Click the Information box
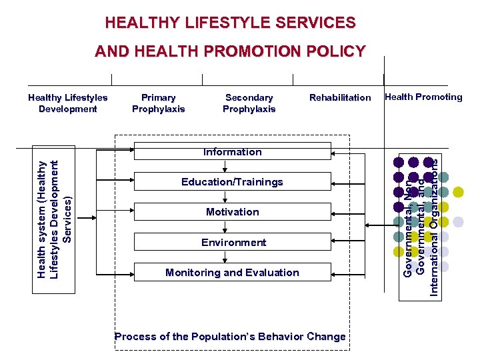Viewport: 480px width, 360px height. [x=232, y=152]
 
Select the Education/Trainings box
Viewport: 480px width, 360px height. [x=232, y=182]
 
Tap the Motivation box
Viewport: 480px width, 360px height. [x=232, y=212]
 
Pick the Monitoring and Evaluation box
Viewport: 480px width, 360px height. [x=232, y=273]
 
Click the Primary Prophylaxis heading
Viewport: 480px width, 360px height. [x=159, y=103]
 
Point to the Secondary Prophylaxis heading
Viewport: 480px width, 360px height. [x=249, y=103]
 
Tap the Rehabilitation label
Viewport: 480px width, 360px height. [x=340, y=98]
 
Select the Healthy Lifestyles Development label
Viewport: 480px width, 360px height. [x=68, y=103]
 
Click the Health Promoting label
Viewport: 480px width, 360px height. [x=423, y=97]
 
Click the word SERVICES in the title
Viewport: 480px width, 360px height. [x=314, y=23]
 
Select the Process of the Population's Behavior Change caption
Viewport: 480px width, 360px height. [x=230, y=337]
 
